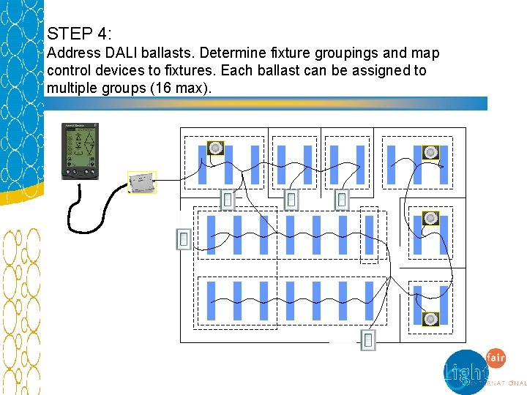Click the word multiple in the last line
click(69, 88)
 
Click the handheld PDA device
click(81, 151)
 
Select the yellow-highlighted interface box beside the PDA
click(142, 182)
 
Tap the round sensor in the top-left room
click(215, 148)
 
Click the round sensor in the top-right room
click(431, 152)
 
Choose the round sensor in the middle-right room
click(431, 218)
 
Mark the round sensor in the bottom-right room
click(431, 319)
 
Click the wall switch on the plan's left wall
click(184, 238)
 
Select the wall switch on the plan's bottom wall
click(368, 340)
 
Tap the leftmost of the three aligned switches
click(228, 199)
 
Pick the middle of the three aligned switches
click(291, 199)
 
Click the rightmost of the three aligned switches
click(342, 199)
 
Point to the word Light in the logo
click(465, 372)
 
